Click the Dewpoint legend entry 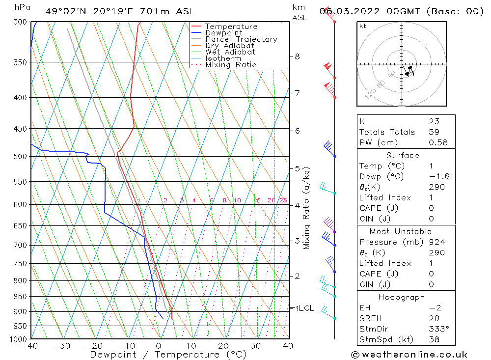point(223,33)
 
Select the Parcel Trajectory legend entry point(241,39)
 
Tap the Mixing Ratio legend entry point(231,64)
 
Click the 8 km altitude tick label point(298,56)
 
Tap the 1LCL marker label point(304,308)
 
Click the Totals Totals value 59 point(434,132)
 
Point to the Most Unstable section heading point(401,231)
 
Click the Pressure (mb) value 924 point(436,242)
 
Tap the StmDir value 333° point(436,329)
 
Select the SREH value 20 point(434,318)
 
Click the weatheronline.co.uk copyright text point(409,355)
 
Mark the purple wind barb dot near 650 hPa point(335,232)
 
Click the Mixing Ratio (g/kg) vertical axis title point(307,208)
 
